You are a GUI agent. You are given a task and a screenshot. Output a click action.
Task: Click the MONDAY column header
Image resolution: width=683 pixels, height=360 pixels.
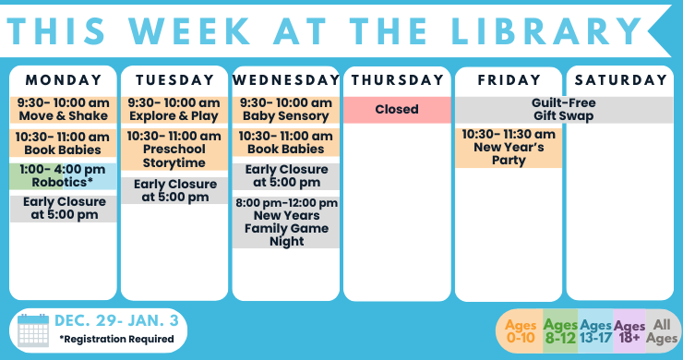[63, 79]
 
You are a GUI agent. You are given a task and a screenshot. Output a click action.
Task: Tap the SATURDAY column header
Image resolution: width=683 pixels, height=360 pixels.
[620, 79]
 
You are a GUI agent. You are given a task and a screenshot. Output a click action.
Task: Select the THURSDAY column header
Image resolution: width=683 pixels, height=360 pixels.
[397, 79]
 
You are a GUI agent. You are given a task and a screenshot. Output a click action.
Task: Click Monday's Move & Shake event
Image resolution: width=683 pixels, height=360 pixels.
[63, 109]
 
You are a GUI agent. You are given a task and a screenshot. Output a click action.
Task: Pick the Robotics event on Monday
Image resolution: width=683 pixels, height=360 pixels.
[63, 175]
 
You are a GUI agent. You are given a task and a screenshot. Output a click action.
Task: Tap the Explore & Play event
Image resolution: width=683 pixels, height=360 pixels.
[174, 109]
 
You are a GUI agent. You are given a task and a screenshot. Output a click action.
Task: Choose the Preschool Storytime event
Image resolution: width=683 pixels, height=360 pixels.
[174, 149]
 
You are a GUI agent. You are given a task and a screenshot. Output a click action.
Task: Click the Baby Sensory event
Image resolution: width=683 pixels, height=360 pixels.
[286, 109]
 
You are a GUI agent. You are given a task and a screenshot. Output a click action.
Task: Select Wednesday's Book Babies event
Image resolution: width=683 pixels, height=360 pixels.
[286, 141]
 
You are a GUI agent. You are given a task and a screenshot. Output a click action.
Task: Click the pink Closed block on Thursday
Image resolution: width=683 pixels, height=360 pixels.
[397, 109]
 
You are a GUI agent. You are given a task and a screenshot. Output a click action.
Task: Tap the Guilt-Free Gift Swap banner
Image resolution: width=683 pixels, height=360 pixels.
[563, 109]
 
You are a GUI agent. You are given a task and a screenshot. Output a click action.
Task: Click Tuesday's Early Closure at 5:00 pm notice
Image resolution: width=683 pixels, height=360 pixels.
[174, 190]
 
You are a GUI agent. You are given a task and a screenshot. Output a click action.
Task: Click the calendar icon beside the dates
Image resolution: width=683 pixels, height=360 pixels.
[33, 330]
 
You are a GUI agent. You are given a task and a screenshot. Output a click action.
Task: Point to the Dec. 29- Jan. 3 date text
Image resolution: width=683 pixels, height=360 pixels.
[116, 321]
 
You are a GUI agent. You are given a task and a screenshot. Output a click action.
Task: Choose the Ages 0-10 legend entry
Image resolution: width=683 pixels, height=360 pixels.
[521, 331]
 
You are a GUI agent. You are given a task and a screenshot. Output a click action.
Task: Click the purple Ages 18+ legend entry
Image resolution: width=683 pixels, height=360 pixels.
[629, 331]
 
